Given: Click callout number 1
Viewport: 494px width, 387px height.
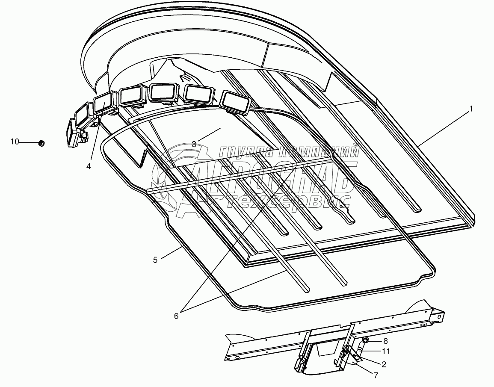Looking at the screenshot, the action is [471, 109].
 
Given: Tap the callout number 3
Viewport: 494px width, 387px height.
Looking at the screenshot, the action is [194, 144].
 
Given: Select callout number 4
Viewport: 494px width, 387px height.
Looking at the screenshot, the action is [89, 166].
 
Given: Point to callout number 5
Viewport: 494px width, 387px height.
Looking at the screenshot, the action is [155, 259].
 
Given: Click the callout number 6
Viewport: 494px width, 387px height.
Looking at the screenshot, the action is [176, 316].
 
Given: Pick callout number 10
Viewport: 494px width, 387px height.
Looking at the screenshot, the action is [15, 142].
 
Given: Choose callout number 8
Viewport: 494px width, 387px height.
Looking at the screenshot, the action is [385, 341].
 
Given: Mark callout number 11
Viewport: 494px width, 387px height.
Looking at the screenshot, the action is [386, 351].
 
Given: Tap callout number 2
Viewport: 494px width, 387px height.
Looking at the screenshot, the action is [384, 365].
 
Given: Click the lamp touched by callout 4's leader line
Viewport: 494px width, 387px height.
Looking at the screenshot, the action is [103, 104].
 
